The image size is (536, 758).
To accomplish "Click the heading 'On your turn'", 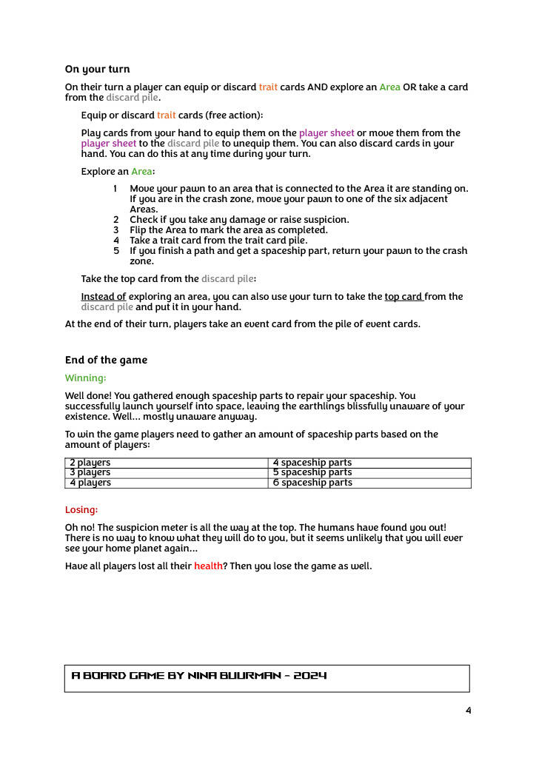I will [x=97, y=70].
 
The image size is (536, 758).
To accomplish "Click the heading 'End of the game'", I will [x=106, y=360].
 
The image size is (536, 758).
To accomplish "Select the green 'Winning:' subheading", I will [x=85, y=378].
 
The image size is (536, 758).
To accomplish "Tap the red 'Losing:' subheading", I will [x=81, y=510].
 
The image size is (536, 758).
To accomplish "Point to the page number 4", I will [x=468, y=711].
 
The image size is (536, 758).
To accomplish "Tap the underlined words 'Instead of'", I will [x=103, y=297].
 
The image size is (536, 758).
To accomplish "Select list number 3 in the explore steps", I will [x=116, y=230].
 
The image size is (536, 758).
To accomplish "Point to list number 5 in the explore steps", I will [x=116, y=251].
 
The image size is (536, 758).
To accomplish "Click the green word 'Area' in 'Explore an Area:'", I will [x=141, y=172].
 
